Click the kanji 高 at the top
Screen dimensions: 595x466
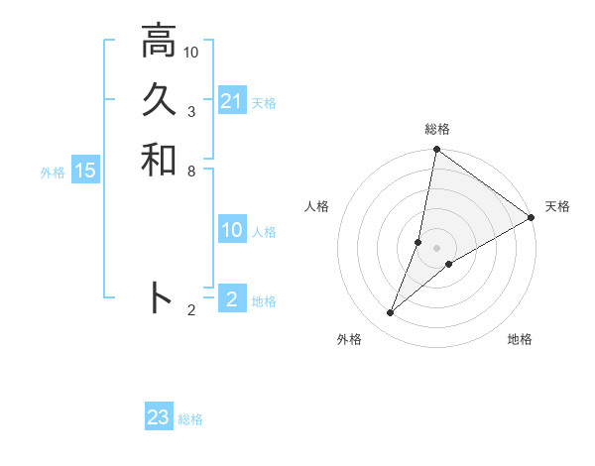coord(158,42)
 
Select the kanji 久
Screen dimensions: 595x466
coord(158,100)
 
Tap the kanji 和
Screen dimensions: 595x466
coord(158,159)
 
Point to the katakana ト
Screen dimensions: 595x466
coord(160,297)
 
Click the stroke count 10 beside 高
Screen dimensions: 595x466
coord(191,52)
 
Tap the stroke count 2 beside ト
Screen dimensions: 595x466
coord(190,310)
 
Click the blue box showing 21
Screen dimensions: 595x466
coord(231,101)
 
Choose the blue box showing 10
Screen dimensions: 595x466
coord(231,230)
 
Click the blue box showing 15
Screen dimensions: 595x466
coord(85,171)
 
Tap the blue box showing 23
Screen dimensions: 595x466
coord(159,417)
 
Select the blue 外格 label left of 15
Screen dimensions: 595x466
coord(53,172)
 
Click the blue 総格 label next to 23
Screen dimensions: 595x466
coord(190,419)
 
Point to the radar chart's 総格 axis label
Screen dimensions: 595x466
coord(437,129)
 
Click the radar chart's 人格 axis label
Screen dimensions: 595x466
coord(317,206)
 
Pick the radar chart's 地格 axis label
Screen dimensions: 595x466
coord(520,339)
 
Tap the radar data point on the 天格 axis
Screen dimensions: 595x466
coord(532,218)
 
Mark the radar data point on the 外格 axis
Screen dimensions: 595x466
coord(391,313)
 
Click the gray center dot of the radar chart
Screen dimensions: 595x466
coord(437,248)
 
